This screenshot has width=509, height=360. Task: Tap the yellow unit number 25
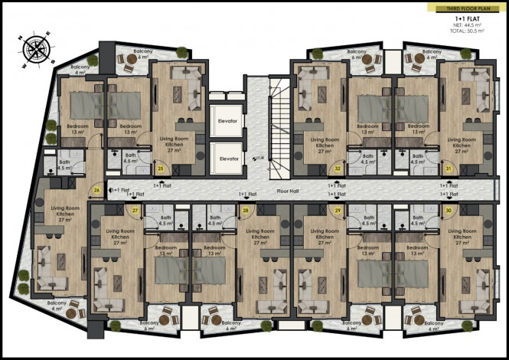(161, 168)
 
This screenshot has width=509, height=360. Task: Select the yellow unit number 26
(96, 191)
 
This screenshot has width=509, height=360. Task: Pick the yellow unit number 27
(135, 210)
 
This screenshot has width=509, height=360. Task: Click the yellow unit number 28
(246, 210)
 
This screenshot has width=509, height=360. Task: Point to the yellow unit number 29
(337, 210)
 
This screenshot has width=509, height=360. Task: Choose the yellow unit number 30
(448, 210)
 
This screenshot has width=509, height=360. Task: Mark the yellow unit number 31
(448, 168)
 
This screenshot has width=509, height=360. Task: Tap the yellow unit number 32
(338, 168)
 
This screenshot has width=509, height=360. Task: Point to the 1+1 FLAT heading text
(468, 18)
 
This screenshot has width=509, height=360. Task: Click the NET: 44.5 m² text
(467, 26)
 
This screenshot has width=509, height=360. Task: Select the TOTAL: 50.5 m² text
(467, 33)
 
